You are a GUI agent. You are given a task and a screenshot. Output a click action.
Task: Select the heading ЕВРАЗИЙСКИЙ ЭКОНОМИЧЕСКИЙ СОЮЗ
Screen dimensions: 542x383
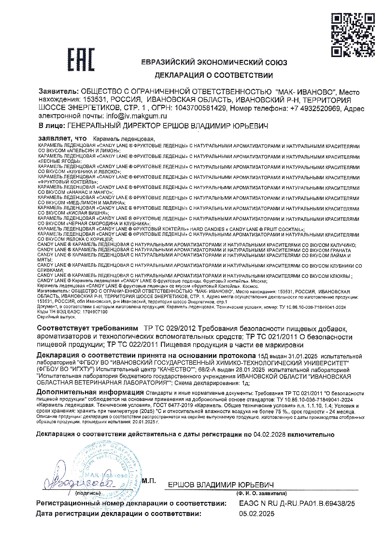[x=213, y=63]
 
